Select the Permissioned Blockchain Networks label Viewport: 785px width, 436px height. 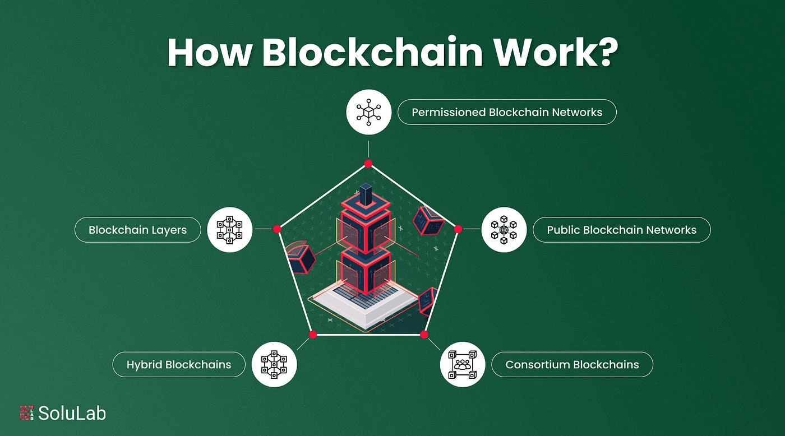(x=507, y=112)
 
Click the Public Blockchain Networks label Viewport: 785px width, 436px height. (x=621, y=230)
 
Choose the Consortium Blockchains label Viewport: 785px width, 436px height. (x=572, y=365)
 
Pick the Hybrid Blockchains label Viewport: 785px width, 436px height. (x=179, y=365)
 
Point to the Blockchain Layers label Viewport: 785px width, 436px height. (x=137, y=230)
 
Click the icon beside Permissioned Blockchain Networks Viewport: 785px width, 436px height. (x=368, y=112)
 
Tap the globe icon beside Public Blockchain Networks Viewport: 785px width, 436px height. (x=504, y=230)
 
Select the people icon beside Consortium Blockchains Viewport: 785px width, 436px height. (x=463, y=365)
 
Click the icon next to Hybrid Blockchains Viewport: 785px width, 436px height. (x=274, y=365)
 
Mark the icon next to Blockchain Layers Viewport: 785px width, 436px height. (x=229, y=230)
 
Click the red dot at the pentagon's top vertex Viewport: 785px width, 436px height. (x=368, y=164)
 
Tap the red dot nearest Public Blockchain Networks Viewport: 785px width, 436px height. (x=458, y=229)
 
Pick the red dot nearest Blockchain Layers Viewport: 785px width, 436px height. (x=277, y=229)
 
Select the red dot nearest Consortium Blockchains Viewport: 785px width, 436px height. (x=424, y=335)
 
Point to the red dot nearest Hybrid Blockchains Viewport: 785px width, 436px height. (x=313, y=335)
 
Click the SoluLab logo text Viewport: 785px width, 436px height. (x=72, y=414)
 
